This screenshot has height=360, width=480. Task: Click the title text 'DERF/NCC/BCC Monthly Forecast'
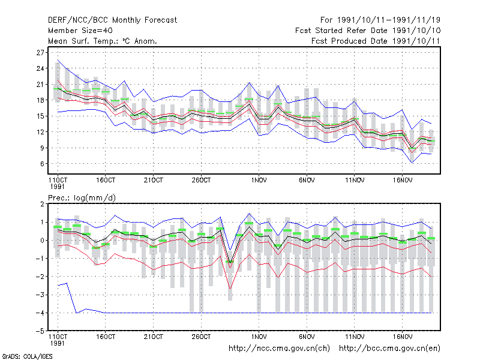click(112, 20)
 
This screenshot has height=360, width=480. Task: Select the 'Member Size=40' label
click(80, 31)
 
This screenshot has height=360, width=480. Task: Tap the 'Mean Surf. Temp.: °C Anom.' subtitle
click(102, 41)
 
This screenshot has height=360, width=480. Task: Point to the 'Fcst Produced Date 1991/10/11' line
click(376, 41)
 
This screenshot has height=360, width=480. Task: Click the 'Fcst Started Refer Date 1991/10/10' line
click(368, 31)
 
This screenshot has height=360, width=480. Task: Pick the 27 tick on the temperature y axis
click(40, 53)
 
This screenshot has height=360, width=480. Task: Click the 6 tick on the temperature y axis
click(42, 164)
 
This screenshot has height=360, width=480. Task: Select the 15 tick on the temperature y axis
click(40, 116)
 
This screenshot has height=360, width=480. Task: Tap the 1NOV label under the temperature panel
click(259, 181)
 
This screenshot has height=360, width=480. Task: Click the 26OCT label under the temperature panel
click(201, 181)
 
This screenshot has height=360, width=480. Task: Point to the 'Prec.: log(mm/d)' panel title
click(82, 198)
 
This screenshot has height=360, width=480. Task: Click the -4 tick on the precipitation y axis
click(40, 313)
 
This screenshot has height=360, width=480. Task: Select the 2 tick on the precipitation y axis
click(42, 204)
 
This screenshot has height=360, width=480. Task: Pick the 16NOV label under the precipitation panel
click(402, 337)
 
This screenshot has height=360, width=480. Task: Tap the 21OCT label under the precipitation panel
click(154, 337)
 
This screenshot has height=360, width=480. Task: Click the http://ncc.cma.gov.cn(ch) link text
click(279, 349)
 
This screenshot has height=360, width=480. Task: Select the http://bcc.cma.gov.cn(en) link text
click(389, 349)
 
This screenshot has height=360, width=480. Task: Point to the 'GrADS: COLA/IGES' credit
click(28, 356)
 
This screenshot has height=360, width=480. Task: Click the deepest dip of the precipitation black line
click(230, 262)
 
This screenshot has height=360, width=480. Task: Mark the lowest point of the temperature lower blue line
click(412, 163)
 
